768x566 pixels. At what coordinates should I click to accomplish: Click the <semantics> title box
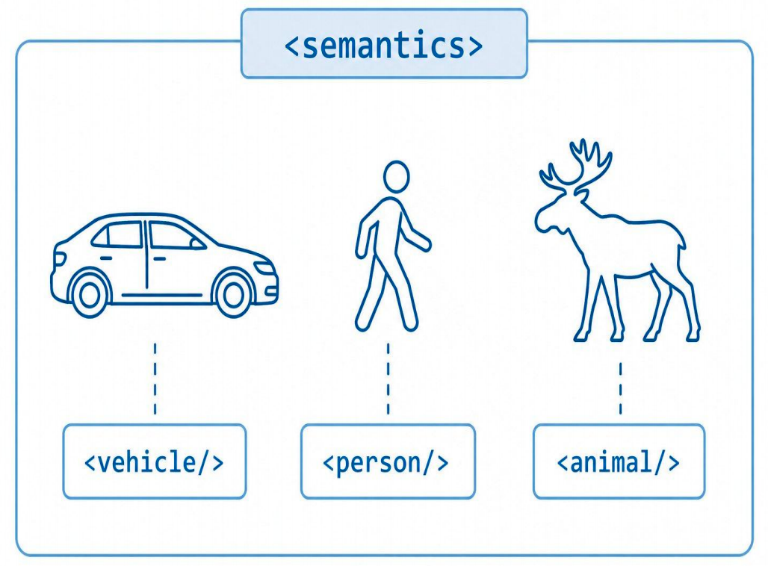[x=384, y=43]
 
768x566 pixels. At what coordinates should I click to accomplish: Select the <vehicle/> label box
[x=155, y=461]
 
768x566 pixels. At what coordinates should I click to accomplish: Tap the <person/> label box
[x=388, y=461]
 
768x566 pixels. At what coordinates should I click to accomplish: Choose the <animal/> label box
[x=619, y=461]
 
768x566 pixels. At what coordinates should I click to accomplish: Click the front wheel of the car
[x=233, y=293]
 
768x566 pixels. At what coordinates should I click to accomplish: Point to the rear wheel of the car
[x=90, y=293]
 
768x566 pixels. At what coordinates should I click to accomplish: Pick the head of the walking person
[x=396, y=177]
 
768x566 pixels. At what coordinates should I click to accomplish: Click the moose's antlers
[x=577, y=164]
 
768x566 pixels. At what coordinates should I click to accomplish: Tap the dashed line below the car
[x=155, y=379]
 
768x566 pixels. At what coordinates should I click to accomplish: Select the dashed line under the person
[x=388, y=379]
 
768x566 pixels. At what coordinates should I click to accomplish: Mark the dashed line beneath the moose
[x=620, y=388]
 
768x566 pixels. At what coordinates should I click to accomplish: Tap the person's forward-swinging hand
[x=424, y=245]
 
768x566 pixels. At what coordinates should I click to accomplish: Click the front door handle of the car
[x=159, y=258]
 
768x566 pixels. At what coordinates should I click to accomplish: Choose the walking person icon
[x=393, y=246]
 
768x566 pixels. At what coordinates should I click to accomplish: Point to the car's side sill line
[x=161, y=295]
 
